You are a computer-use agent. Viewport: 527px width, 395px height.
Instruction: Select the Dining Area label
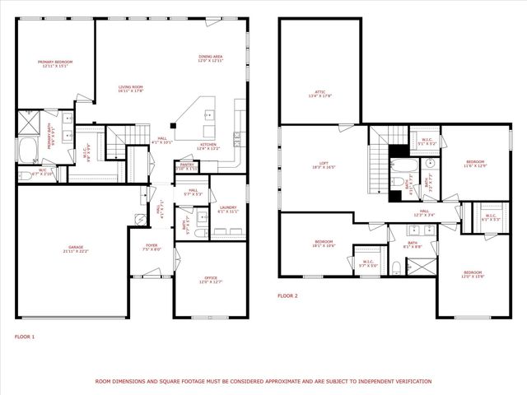coord(211,58)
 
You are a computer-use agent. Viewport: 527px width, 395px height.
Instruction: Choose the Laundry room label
coord(228,209)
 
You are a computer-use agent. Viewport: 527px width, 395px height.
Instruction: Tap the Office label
coord(212,281)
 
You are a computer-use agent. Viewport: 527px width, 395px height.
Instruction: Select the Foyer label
coord(152,247)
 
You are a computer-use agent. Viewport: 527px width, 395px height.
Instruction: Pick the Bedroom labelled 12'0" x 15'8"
coord(472,274)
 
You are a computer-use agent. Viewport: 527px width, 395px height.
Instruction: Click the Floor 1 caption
coord(25,336)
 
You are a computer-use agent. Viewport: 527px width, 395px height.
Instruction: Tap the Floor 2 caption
coord(287,295)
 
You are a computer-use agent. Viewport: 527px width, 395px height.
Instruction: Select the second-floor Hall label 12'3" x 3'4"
coord(424,213)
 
